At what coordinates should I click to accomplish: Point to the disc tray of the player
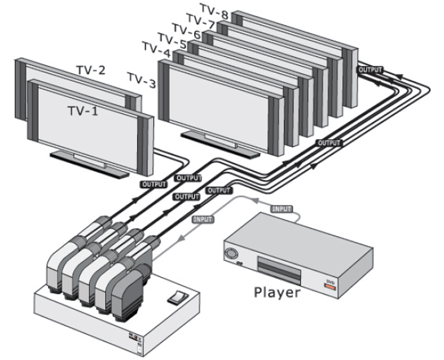pyautogui.click(x=279, y=269)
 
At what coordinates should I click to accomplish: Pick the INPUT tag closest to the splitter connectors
pyautogui.click(x=202, y=219)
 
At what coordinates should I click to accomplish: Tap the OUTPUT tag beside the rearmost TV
pyautogui.click(x=370, y=68)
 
